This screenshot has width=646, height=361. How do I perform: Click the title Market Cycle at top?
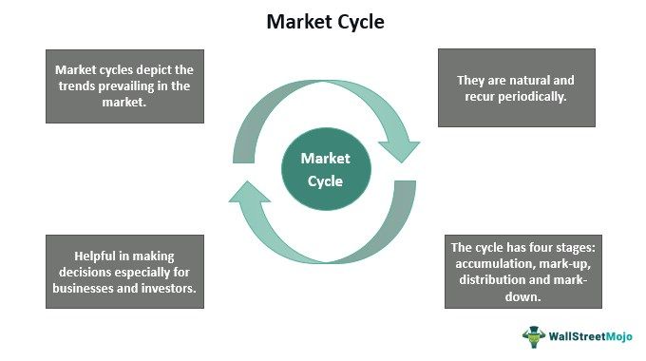click(323, 20)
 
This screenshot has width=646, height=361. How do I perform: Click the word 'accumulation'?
click(491, 265)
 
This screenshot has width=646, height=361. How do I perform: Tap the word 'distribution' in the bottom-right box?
click(487, 282)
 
